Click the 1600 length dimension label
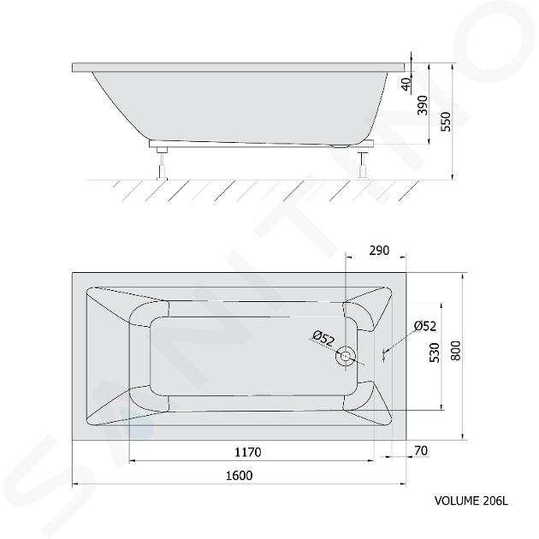240,476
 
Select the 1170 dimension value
248,452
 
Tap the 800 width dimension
455,351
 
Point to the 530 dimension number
435,352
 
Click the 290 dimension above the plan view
379,251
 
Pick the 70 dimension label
421,450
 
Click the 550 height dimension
446,121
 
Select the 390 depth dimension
423,105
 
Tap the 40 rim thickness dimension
406,84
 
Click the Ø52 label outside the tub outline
425,326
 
